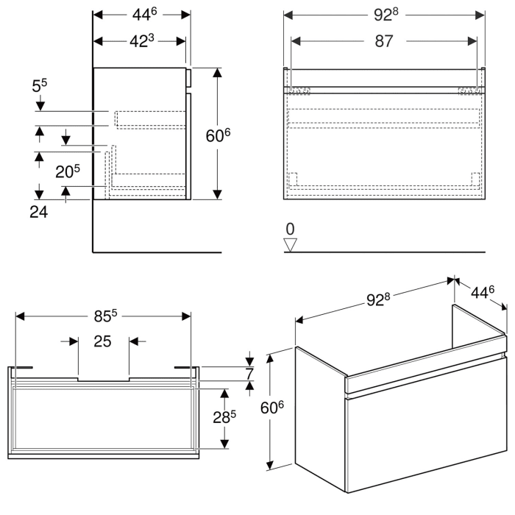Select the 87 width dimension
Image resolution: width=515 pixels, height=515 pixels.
(x=384, y=42)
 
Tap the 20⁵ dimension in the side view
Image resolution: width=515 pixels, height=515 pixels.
(x=68, y=171)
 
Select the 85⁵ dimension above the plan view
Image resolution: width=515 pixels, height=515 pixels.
(x=104, y=317)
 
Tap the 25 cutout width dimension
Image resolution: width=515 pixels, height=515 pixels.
(x=103, y=341)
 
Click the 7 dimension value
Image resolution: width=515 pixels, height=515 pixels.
(x=259, y=372)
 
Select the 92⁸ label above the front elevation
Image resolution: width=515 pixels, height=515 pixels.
(x=384, y=15)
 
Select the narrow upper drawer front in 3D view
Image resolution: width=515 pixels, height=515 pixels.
(x=425, y=373)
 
